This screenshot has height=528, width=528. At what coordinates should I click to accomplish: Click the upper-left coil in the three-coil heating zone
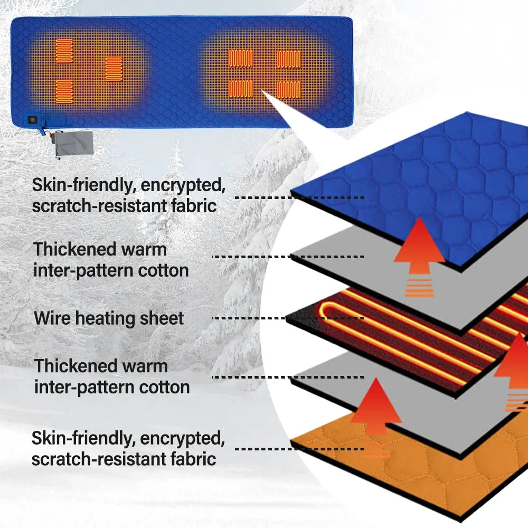[x=64, y=51]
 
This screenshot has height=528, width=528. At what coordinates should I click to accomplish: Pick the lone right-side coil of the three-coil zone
[x=114, y=69]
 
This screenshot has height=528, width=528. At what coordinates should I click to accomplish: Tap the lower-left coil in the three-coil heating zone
[x=64, y=91]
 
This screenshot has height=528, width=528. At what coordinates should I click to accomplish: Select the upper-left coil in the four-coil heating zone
[x=241, y=58]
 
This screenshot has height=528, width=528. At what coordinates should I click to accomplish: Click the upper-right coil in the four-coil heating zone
[x=289, y=58]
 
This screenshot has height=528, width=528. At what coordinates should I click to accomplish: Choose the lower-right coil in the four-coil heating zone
[x=289, y=90]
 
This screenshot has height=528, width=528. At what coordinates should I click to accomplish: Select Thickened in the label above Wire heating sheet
[x=73, y=249]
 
